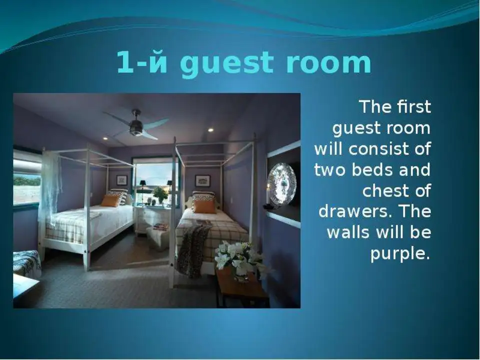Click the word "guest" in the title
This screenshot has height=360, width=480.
pos(226,63)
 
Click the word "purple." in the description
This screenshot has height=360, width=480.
pos(400,254)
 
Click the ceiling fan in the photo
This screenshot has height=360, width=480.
pos(136,125)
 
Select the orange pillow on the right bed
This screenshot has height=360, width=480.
pos(204,206)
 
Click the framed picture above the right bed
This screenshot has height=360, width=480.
pos(202,181)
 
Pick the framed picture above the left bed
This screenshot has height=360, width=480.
pos(122,179)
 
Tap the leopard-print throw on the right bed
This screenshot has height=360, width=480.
pos(193,249)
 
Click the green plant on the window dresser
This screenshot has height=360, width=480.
pos(160,194)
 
